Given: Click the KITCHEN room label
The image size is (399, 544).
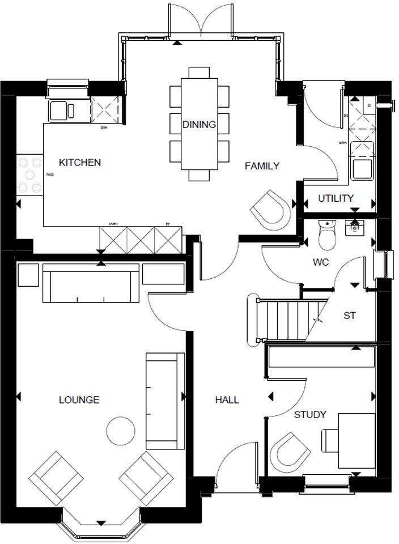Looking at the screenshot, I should click(80, 163).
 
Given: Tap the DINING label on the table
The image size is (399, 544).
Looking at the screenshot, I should click(199, 125).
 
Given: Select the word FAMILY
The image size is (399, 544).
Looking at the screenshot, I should click(262, 166).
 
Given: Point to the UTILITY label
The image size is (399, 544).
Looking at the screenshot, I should click(336, 198).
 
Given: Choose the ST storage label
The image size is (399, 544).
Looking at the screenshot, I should click(350, 316).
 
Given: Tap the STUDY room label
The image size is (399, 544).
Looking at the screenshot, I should click(310, 415).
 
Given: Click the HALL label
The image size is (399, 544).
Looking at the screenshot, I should click(227, 400).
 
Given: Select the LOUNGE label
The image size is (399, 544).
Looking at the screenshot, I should click(79, 400).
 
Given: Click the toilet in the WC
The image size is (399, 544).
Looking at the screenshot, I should click(328, 235).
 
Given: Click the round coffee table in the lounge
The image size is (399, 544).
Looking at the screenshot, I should click(122, 432).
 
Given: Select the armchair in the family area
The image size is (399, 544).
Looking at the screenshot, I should click(270, 209).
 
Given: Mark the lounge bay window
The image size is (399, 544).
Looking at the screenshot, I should click(101, 524).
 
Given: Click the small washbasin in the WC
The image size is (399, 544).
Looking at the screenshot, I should click(355, 227).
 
